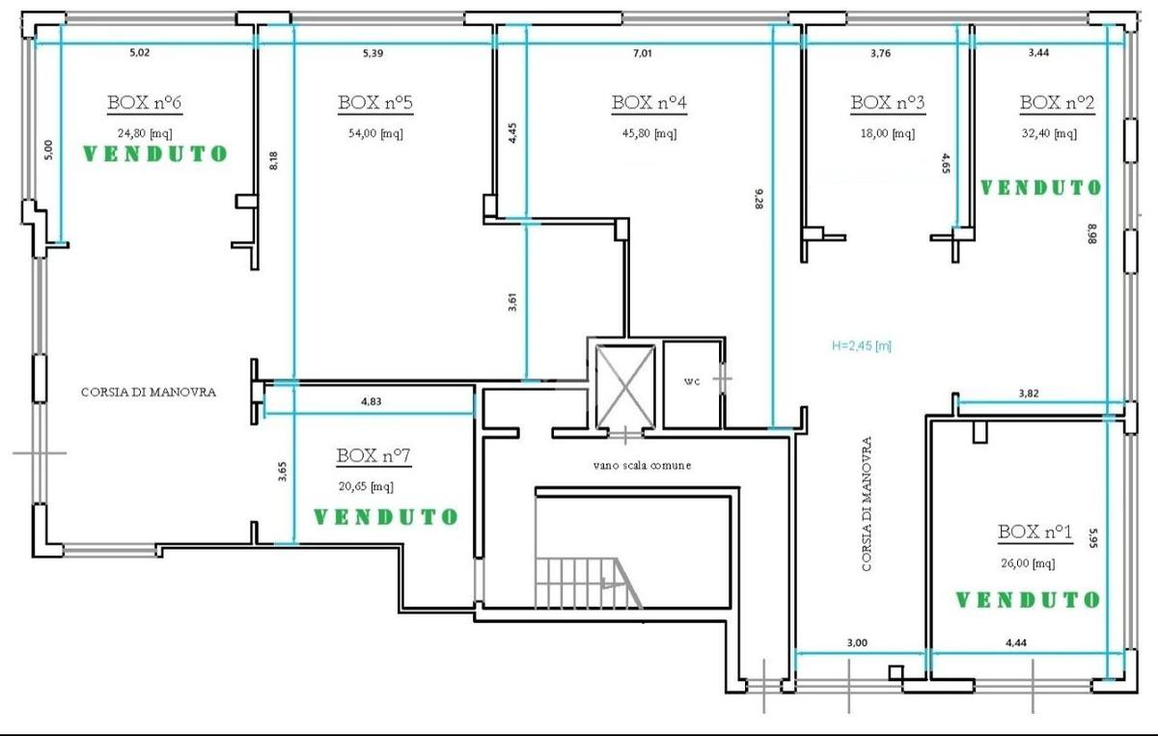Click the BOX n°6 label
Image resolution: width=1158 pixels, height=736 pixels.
coord(144,103)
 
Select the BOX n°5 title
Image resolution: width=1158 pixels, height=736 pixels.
coord(375,103)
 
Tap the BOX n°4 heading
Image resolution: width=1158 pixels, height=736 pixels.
coord(648,103)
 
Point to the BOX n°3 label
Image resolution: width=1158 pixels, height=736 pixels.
coord(888,103)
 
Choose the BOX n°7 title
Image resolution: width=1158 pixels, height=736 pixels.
coord(373,456)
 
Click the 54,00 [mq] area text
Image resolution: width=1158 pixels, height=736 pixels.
coord(375,133)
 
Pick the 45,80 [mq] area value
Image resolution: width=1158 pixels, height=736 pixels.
coord(649,133)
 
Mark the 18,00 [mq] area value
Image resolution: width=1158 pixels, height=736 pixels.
coord(888,133)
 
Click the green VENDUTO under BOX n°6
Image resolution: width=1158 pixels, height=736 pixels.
coord(155,153)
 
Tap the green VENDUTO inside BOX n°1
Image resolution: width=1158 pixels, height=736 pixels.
coord(1028,600)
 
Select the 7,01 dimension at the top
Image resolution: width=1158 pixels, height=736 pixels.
coord(643,53)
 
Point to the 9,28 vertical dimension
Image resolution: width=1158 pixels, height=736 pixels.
coord(758,199)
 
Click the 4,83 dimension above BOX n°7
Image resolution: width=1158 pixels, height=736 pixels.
coord(372,401)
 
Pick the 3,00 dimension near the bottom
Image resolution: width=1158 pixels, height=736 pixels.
coord(857,642)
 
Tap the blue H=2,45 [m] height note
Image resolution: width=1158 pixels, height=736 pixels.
coord(861,345)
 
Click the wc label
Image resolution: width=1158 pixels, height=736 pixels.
coord(692,381)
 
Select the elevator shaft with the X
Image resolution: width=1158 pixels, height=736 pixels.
coord(625,387)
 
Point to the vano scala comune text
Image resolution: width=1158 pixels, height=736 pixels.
coord(642,465)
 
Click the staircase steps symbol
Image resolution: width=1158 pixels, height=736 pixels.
coord(589,582)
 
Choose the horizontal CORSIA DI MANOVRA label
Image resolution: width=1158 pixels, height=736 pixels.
coord(149,393)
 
